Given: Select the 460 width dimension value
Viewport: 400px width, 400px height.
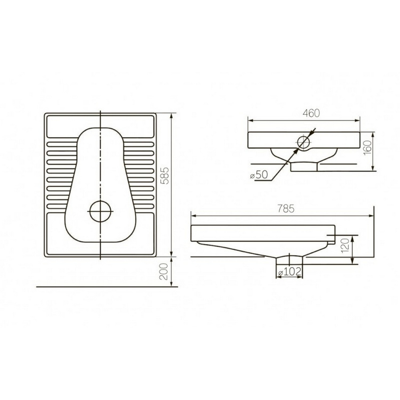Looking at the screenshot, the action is [x=311, y=113].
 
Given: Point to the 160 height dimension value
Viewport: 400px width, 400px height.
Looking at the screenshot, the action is [x=367, y=148].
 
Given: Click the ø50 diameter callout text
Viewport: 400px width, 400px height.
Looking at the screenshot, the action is [x=259, y=175].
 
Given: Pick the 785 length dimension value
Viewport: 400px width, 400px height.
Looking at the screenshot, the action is [x=286, y=209].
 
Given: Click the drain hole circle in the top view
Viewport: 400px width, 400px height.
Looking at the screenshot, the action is [x=90, y=211].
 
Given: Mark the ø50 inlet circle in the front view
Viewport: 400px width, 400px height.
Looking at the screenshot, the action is [x=298, y=142].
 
